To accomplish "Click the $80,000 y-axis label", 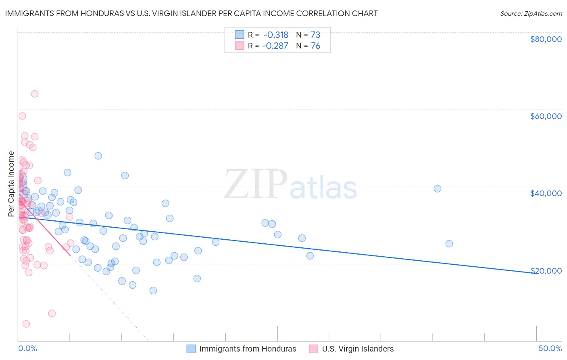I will [x=546, y=39].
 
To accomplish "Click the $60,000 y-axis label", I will [x=546, y=116].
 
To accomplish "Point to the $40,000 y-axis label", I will [x=546, y=193].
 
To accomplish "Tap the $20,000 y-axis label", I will [x=546, y=270].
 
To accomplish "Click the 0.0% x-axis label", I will [x=27, y=349].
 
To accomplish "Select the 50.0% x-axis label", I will [x=550, y=349].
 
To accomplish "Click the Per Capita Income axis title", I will [x=11, y=184].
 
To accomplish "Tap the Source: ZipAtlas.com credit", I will [x=531, y=14].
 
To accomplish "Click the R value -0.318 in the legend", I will [x=276, y=35].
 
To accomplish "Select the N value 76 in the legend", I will [x=315, y=46].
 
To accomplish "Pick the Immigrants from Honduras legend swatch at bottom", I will [x=191, y=349].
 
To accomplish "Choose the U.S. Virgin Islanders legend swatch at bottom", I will [x=313, y=349].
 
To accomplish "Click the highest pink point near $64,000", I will [x=35, y=94].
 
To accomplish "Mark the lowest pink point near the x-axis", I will [x=26, y=324].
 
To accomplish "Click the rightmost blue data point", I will [x=449, y=244].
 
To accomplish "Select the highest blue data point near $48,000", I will [x=98, y=156].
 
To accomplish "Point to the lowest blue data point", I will [x=153, y=291].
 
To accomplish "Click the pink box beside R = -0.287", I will [x=240, y=46].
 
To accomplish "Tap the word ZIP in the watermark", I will [x=255, y=184].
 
